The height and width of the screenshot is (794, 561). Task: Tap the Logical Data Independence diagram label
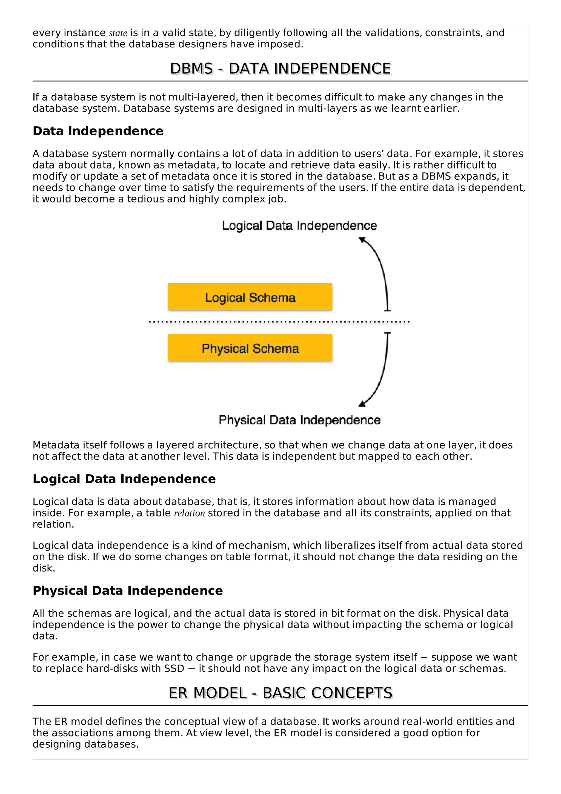click(299, 225)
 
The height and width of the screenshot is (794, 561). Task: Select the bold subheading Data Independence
click(98, 131)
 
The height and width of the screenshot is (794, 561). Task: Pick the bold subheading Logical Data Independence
click(124, 479)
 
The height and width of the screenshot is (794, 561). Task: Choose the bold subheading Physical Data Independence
click(128, 591)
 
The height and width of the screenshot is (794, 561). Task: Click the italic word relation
click(189, 513)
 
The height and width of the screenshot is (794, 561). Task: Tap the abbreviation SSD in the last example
click(174, 669)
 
